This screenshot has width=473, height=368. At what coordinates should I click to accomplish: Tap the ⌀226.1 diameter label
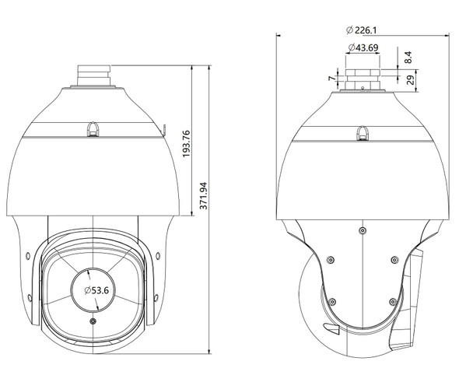pos(363,30)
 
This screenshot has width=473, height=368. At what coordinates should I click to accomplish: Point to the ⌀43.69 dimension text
pos(363,48)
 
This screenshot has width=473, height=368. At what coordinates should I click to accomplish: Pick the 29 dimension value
pos(410,80)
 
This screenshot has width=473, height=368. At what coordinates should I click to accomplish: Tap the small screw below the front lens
pos(94,321)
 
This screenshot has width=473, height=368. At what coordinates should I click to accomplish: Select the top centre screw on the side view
pos(363,230)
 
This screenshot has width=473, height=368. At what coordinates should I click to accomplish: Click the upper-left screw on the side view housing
pos(331,261)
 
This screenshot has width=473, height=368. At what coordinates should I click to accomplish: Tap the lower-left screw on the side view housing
pos(331,301)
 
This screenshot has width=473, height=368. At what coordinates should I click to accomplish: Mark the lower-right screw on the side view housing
pos(392,301)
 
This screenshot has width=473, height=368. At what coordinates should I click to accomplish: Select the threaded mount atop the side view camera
pos(363,78)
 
